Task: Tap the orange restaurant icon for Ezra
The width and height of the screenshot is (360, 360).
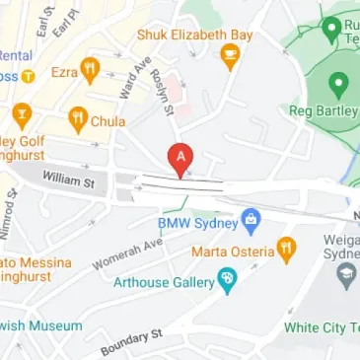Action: (91, 69)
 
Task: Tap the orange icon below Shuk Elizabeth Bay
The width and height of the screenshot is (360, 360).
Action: (231, 56)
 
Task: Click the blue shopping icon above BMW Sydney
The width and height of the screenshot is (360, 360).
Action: (251, 218)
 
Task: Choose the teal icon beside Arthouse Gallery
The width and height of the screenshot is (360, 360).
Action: (227, 280)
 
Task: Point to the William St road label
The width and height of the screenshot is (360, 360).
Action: (67, 180)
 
